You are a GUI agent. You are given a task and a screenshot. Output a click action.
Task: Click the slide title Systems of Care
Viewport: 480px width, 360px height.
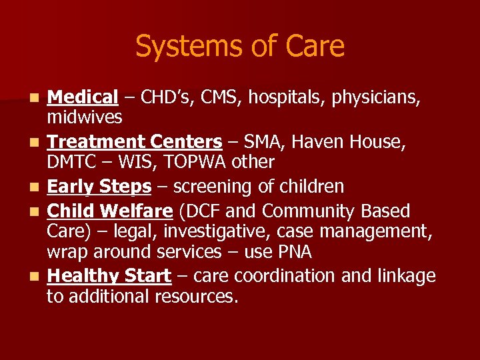pyautogui.click(x=240, y=47)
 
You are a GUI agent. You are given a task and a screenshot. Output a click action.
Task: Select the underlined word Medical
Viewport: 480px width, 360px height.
pyautogui.click(x=82, y=97)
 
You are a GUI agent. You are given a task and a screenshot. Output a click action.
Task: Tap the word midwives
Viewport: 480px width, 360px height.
pyautogui.click(x=84, y=117)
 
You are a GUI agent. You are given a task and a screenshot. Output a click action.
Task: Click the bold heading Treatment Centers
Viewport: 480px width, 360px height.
pyautogui.click(x=134, y=142)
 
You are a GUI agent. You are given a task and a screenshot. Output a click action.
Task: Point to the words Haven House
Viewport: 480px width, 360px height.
pyautogui.click(x=363, y=142)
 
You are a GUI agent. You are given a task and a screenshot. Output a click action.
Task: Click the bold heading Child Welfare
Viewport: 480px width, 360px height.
pyautogui.click(x=110, y=211)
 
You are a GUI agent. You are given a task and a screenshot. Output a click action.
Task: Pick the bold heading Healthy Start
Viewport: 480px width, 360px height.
pyautogui.click(x=109, y=276)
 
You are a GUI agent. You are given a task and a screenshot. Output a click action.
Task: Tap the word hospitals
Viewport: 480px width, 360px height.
pyautogui.click(x=296, y=97)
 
